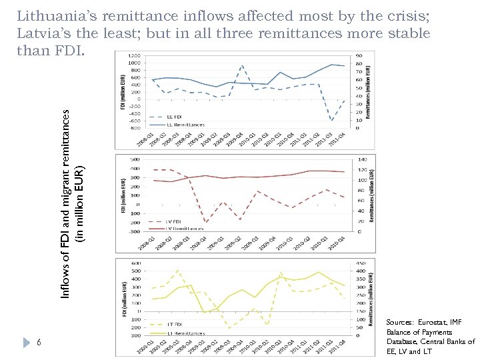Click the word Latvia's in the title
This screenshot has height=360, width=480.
click(x=42, y=33)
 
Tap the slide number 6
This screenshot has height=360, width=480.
click(x=39, y=342)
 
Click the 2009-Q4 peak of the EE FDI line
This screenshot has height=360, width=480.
click(x=241, y=65)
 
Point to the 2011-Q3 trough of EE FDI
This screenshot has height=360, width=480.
click(x=331, y=121)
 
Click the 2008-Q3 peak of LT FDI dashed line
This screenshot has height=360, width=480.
click(x=178, y=270)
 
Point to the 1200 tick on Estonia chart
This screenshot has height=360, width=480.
click(x=134, y=56)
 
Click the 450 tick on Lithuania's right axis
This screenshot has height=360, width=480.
click(x=359, y=262)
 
